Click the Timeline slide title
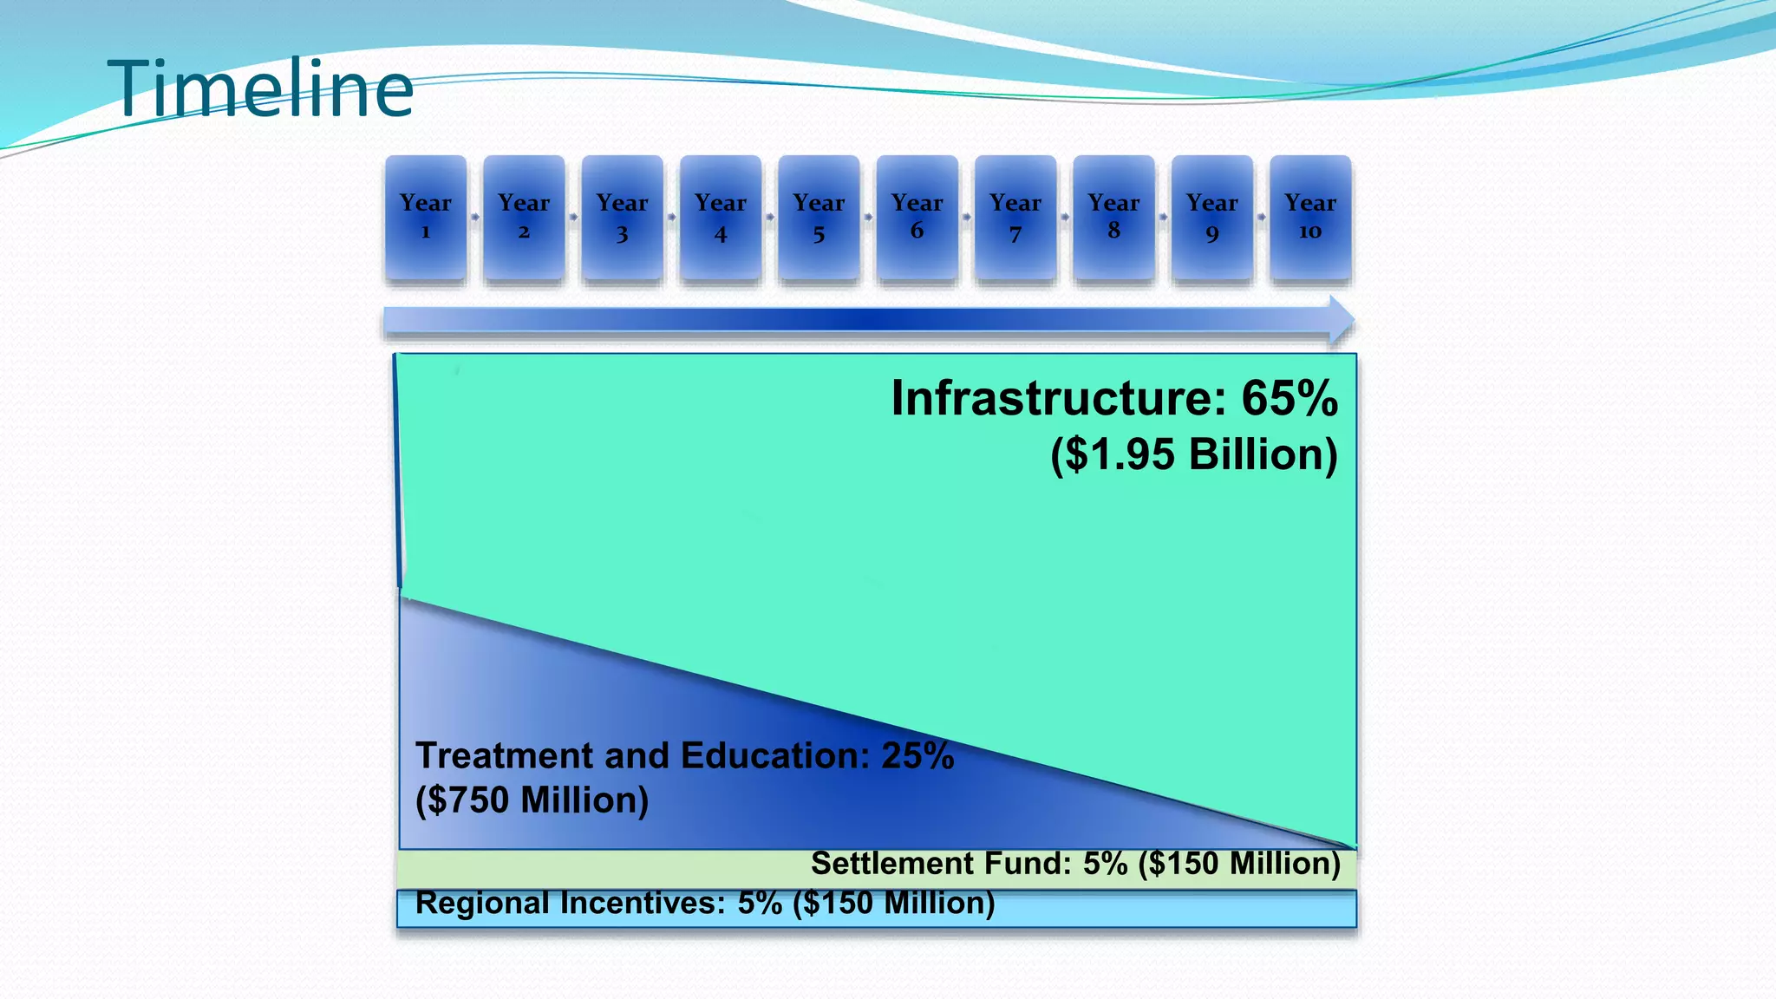click(260, 88)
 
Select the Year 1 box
click(426, 217)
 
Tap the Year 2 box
click(524, 217)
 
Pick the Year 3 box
click(622, 217)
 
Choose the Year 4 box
click(721, 217)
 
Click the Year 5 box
click(819, 217)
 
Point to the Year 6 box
click(917, 217)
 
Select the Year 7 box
click(1015, 217)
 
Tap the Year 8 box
click(1113, 217)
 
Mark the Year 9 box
click(1212, 217)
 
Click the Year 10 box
click(1310, 217)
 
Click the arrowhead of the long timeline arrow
click(1341, 321)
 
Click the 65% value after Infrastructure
click(1290, 399)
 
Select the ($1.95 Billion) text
click(1194, 454)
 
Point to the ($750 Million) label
click(532, 800)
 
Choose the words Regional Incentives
click(570, 904)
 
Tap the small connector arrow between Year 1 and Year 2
click(475, 217)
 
